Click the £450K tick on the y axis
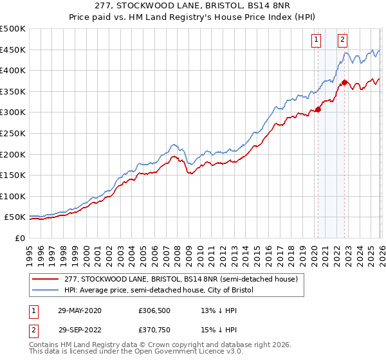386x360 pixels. click(x=13, y=50)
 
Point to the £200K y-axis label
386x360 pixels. click(x=13, y=154)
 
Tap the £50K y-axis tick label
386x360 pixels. click(x=15, y=217)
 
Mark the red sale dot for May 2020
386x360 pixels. click(x=317, y=110)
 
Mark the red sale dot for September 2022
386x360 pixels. click(x=344, y=82)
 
